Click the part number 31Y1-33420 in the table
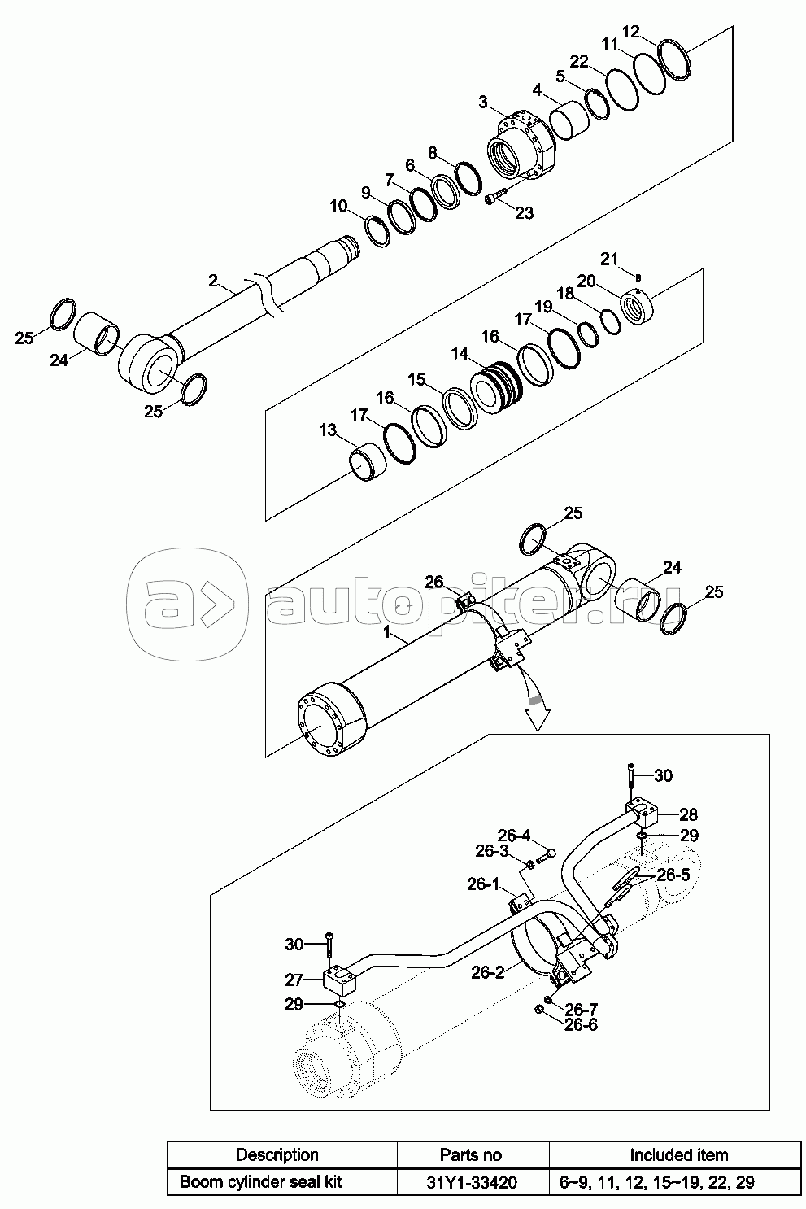[x=471, y=1182]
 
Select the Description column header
[x=277, y=1154]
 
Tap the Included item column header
[x=679, y=1154]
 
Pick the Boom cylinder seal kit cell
[x=260, y=1182]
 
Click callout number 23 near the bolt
[x=524, y=213]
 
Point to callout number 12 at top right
[x=630, y=32]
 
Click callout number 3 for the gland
[x=483, y=102]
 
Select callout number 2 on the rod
[x=213, y=281]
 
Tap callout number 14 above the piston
[x=460, y=354]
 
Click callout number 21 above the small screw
[x=609, y=259]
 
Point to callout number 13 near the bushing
[x=328, y=430]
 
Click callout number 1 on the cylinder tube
[x=386, y=632]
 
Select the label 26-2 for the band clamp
[x=488, y=972]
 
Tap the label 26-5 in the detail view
[x=673, y=875]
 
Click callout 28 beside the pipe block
[x=688, y=814]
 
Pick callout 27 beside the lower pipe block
[x=295, y=979]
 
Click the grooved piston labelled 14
[x=496, y=387]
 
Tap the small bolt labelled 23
[x=495, y=197]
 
